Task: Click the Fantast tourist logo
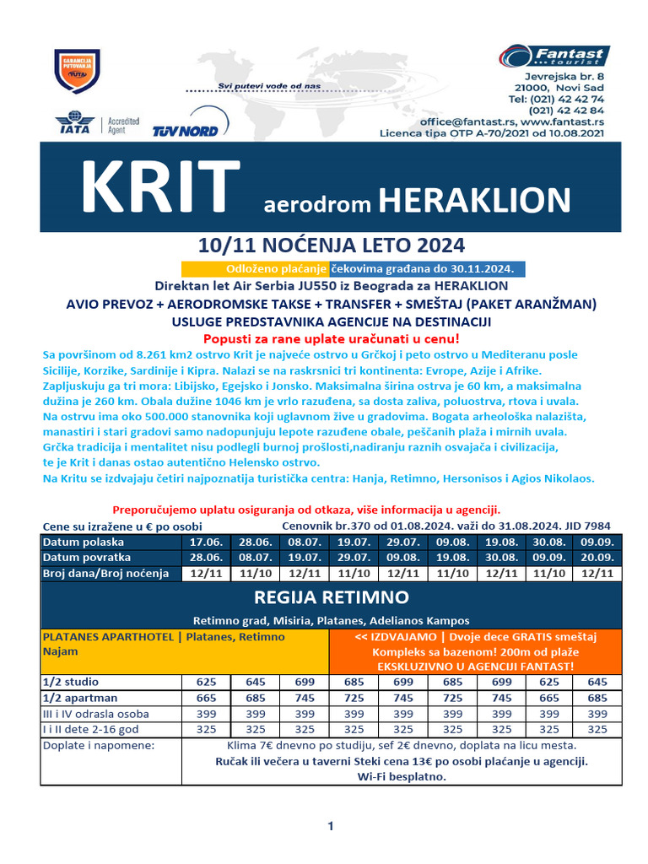pos(553,57)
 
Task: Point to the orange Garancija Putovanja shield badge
pos(77,71)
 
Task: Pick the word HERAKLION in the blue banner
pos(475,201)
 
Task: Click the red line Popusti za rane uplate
pos(330,338)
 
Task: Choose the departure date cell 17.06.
pos(208,542)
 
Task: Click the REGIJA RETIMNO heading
pos(331,598)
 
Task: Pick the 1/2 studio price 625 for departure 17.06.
pos(208,682)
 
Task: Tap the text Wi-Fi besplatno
pos(402,776)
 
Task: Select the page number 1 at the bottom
pos(332,827)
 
